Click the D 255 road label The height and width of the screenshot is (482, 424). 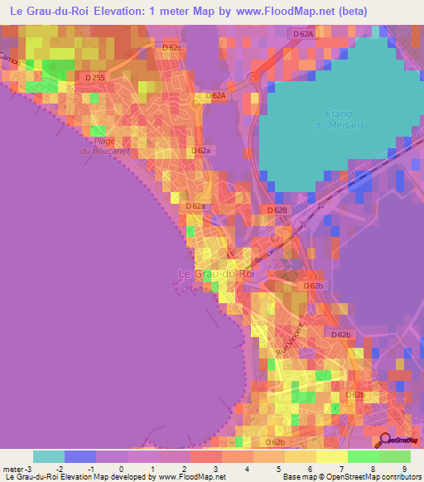[x=95, y=77]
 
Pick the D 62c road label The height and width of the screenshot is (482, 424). [x=171, y=47]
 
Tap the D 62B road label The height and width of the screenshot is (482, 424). [x=277, y=210]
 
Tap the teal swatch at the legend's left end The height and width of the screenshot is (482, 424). [x=49, y=456]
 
